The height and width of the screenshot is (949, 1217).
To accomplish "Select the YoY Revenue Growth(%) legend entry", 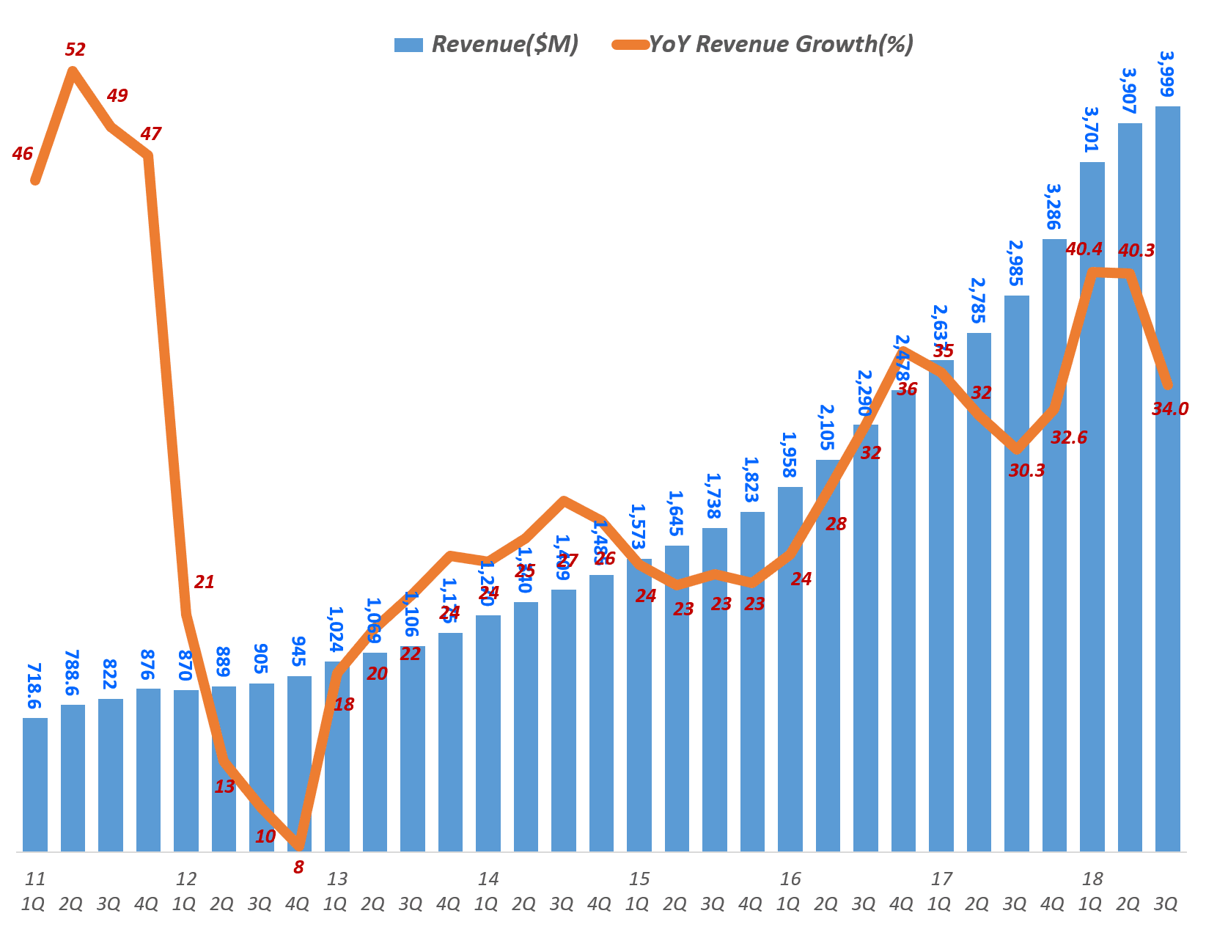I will [x=762, y=45].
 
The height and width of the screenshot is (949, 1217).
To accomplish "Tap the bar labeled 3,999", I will [x=1167, y=477].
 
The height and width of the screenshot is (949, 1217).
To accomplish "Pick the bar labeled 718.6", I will [x=35, y=785].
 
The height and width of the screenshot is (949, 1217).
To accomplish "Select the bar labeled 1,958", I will [x=790, y=667].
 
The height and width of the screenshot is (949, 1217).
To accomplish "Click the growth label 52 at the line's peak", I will [x=76, y=50].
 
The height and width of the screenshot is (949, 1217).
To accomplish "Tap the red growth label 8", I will [x=298, y=868].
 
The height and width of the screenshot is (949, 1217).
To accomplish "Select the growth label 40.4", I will [x=1084, y=249].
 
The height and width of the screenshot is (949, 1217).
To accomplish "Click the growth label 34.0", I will [x=1170, y=409].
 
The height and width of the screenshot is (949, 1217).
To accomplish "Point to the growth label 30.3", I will [x=1026, y=471].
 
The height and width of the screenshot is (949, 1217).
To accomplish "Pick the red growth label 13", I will [x=224, y=787].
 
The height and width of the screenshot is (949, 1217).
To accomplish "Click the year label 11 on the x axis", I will [x=34, y=879].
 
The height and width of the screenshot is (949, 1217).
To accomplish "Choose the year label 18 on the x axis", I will [x=1092, y=879].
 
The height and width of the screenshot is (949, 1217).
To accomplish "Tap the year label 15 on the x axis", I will [x=639, y=879].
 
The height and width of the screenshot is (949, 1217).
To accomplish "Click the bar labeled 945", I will [x=299, y=763].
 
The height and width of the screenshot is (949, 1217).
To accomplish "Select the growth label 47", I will [x=150, y=134].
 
